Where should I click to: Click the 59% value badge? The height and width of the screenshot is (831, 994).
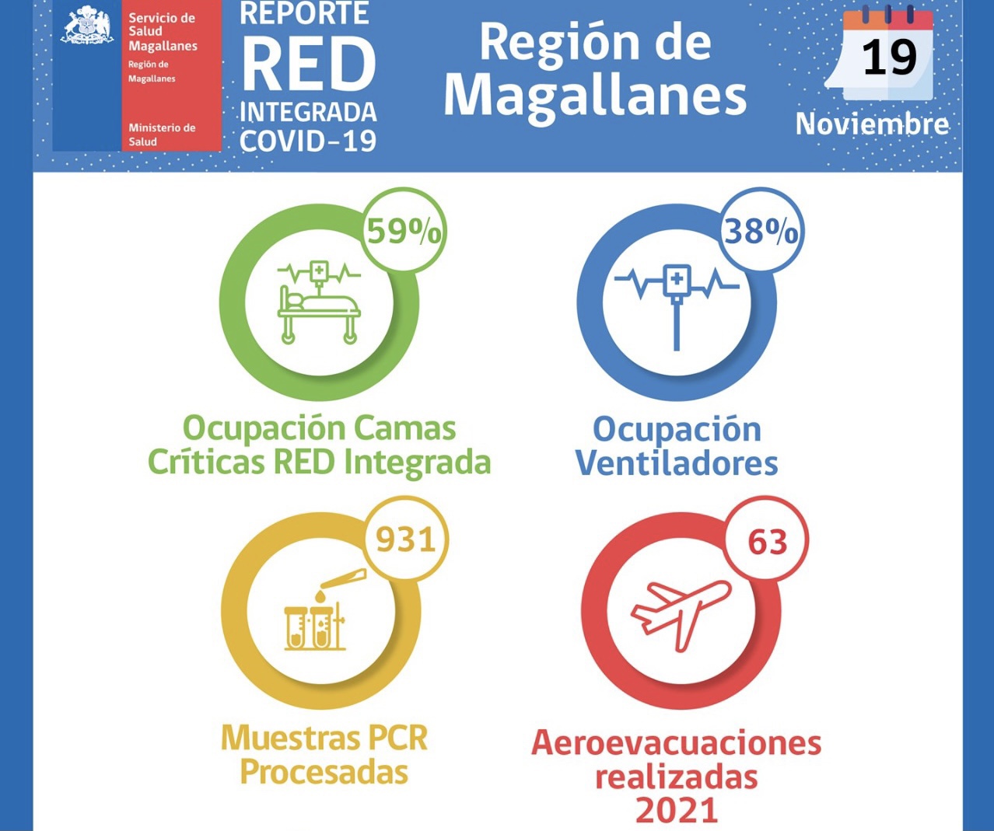point(404,231)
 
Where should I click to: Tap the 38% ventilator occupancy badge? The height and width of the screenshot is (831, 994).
point(761,231)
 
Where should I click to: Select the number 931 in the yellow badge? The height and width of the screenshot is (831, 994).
point(406,539)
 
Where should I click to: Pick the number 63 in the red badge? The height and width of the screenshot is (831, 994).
point(768,542)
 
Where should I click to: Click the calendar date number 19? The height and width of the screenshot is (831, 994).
point(889,58)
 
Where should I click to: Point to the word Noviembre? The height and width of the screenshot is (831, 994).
point(872,124)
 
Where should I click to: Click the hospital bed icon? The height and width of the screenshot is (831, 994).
point(319,303)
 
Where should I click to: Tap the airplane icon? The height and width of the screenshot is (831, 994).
point(681,612)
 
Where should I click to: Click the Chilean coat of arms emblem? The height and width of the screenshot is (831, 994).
point(87,26)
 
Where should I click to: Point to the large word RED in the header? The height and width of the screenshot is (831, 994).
point(309,65)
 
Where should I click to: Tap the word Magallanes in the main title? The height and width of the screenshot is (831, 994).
point(595,96)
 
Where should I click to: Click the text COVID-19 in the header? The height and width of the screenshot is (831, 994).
point(308,141)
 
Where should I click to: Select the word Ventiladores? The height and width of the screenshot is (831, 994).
point(677,463)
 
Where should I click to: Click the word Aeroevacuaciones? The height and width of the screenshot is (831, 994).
point(676,743)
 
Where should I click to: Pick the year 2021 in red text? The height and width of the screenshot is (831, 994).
point(676,810)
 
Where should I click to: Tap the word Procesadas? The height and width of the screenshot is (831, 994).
point(324,772)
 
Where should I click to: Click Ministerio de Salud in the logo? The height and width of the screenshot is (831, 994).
point(161,134)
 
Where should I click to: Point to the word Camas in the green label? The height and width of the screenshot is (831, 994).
point(404,428)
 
